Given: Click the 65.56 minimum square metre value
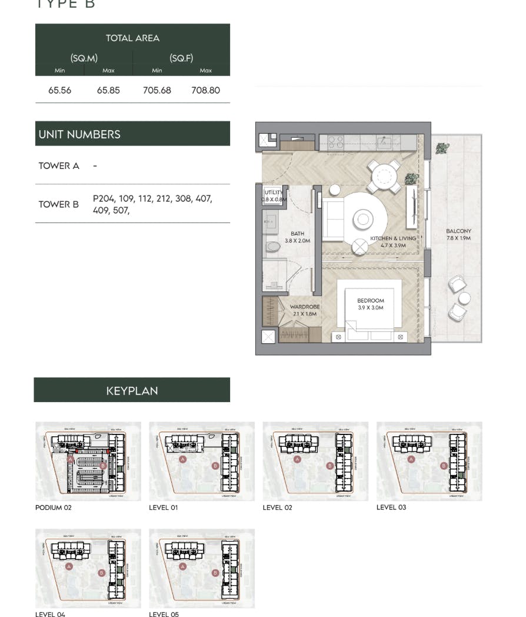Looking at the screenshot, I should coord(59,91).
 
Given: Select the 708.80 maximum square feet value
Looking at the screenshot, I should coord(205,91).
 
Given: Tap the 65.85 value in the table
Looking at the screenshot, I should coord(108,91).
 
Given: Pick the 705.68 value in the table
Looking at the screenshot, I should coord(157,91).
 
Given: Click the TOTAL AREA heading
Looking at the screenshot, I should coord(132,38).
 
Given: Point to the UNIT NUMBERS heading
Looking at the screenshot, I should coord(79,134).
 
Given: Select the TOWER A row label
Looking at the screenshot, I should coord(59,166).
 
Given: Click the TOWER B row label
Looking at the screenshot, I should coord(59,204).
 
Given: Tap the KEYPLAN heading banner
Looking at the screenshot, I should coord(132,390).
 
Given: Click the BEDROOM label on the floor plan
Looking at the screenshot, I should coord(370,301).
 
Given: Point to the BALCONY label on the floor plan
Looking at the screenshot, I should coord(458,231).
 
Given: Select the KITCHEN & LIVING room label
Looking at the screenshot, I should coord(392,238).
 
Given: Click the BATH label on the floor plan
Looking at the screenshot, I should coord(297,234).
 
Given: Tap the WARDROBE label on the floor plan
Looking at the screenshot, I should coord(304,307).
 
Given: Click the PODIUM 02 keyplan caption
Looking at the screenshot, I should coord(53,507).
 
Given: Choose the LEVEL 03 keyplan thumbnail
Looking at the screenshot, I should coord(429,461).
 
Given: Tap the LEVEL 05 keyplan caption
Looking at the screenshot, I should coord(164,613).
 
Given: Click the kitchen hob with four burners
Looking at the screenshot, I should coord(335,142).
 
